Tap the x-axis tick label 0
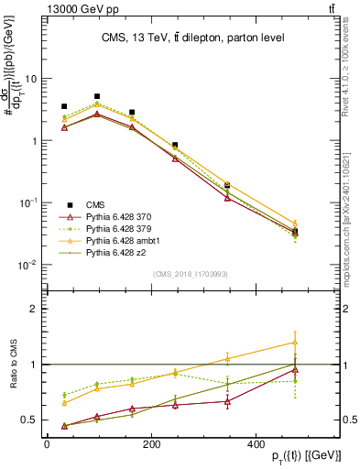46,443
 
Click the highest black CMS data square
97,96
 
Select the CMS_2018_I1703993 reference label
190,274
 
